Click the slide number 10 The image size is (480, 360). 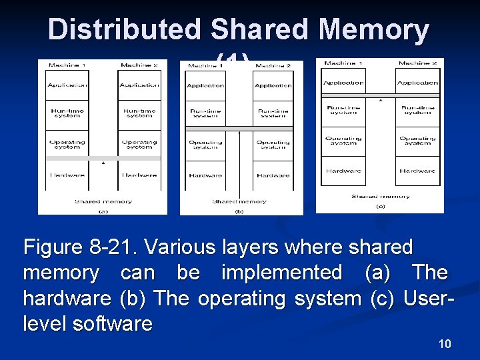tap(445, 344)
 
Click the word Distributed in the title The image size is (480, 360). tap(125, 30)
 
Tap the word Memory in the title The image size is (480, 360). tap(374, 30)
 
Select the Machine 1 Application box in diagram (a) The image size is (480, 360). tap(67, 85)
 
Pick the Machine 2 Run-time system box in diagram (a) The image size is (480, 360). tap(139, 113)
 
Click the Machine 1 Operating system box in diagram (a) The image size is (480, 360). tap(67, 144)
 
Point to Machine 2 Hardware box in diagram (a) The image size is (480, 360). tap(139, 175)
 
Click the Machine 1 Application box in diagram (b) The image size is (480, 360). tap(205, 86)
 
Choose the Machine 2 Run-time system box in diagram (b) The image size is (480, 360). tap(273, 113)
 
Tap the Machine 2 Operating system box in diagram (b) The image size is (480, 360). tap(273, 145)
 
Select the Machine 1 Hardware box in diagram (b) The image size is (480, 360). tap(205, 175)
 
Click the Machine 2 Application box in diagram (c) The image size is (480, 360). tap(417, 83)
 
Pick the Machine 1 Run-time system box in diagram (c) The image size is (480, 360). tap(343, 110)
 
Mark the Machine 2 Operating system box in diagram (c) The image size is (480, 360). tap(417, 141)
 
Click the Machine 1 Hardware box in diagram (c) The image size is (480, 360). tap(343, 171)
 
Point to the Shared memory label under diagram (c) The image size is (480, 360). tap(381, 196)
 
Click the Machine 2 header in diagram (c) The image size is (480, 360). tap(417, 63)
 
